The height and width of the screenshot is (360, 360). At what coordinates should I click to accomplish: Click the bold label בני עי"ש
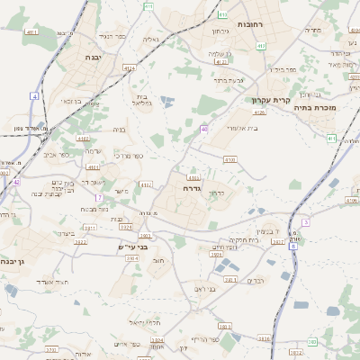132,246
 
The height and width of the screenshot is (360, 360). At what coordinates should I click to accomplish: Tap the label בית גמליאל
139,100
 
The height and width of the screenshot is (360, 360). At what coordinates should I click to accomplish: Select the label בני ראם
205,288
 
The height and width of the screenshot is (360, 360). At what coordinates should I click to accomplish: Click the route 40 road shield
204,130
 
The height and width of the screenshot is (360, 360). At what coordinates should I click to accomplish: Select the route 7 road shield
99,196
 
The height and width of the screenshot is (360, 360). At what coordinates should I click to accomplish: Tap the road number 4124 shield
130,67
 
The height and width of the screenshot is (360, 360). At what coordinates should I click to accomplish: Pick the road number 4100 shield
230,159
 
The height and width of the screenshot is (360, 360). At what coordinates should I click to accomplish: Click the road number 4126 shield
259,112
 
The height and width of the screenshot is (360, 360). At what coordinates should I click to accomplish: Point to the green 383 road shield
311,342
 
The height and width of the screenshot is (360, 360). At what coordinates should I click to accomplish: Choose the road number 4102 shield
84,139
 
